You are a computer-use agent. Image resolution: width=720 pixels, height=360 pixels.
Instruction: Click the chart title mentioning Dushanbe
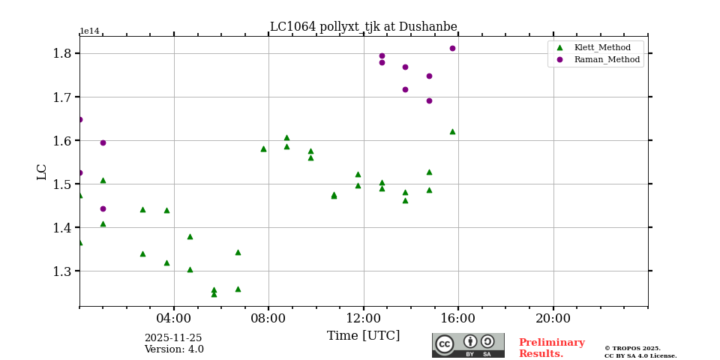363,27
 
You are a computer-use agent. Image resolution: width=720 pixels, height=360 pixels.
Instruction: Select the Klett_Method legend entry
602,47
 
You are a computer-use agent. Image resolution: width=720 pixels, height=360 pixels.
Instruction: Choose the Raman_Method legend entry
607,59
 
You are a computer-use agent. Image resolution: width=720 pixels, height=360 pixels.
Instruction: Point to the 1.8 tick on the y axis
62,53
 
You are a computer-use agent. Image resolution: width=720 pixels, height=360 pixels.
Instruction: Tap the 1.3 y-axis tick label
62,271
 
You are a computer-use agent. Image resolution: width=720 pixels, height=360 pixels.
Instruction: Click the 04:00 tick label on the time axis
174,318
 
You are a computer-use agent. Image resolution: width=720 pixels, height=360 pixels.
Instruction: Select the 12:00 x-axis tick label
364,318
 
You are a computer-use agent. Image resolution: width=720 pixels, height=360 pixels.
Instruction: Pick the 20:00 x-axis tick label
553,318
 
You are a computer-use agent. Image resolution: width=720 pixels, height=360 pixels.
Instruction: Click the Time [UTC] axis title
364,336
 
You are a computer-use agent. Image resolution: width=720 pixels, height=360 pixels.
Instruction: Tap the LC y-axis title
42,172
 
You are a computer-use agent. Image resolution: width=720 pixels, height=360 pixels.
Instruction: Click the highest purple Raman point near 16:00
452,49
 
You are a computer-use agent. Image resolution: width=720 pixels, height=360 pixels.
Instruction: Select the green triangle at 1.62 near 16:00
452,131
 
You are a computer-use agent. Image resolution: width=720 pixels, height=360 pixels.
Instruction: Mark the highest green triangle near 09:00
286,137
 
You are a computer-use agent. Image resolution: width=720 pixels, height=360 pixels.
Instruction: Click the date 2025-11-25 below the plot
173,338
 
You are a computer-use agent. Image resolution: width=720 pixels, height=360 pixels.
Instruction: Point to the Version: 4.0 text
174,349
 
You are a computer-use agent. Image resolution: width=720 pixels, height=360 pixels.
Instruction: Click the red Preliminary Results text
551,348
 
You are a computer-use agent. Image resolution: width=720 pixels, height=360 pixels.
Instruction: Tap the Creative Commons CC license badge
468,345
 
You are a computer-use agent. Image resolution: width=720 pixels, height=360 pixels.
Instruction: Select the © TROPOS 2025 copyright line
632,348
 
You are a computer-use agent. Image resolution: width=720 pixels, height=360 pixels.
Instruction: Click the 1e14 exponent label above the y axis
89,31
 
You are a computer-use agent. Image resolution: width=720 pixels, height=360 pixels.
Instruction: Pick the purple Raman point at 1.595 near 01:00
103,142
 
